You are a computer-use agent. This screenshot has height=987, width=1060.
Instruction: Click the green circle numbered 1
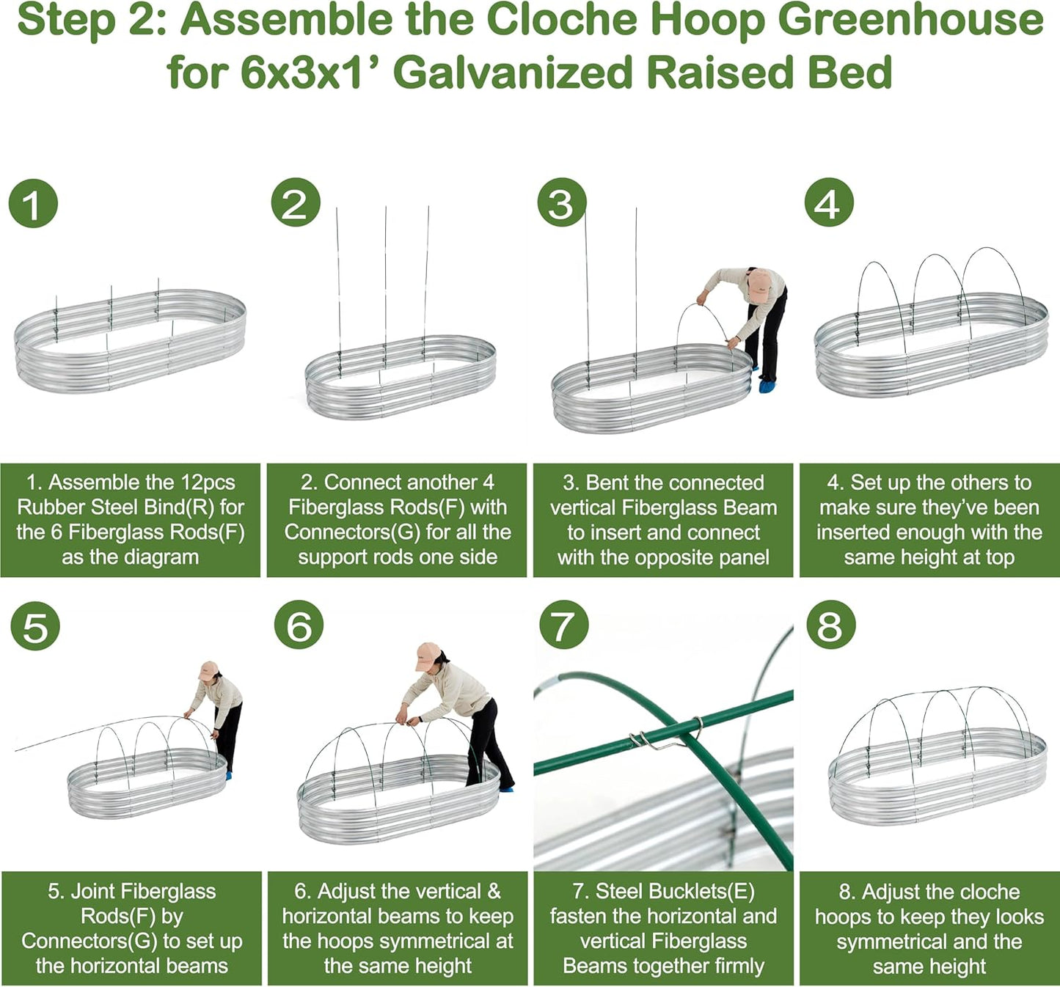tap(33, 205)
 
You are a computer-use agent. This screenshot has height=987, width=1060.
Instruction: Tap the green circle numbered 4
tap(829, 203)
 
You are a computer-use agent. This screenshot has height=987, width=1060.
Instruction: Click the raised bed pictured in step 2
tap(400, 378)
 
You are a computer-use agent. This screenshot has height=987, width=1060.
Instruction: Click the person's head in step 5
tap(210, 670)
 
